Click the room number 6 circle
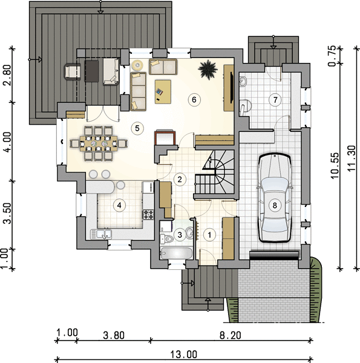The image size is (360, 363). pyautogui.click(x=194, y=100)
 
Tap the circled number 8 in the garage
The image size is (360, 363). pyautogui.click(x=275, y=205)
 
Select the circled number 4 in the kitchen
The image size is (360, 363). pyautogui.click(x=119, y=205)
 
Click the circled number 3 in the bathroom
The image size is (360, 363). pyautogui.click(x=180, y=235)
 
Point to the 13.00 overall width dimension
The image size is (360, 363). pyautogui.click(x=184, y=354)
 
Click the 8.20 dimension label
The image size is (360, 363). pyautogui.click(x=230, y=335)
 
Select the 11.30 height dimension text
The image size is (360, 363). pyautogui.click(x=352, y=159)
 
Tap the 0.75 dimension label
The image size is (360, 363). pyautogui.click(x=332, y=56)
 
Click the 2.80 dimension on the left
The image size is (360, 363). pyautogui.click(x=7, y=75)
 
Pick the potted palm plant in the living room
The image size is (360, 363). pyautogui.click(x=208, y=69)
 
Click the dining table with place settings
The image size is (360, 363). pyautogui.click(x=99, y=143)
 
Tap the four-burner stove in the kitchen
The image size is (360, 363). pyautogui.click(x=148, y=214)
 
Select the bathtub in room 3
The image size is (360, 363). pyautogui.click(x=177, y=253)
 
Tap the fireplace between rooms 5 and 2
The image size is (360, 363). pyautogui.click(x=165, y=137)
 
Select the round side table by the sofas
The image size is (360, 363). pyautogui.click(x=138, y=65)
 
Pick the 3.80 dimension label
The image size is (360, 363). pyautogui.click(x=114, y=335)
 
